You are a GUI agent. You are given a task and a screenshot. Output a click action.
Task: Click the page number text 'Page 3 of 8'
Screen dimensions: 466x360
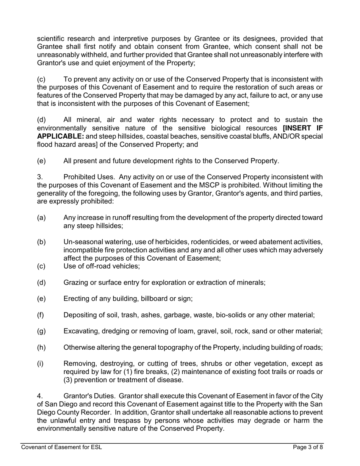click(308, 447)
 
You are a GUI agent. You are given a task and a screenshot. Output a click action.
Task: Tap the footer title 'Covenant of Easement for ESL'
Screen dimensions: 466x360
click(61, 447)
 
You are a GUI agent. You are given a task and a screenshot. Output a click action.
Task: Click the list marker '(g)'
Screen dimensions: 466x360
click(41, 331)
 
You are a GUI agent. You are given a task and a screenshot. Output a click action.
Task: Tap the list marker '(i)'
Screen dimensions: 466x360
click(40, 364)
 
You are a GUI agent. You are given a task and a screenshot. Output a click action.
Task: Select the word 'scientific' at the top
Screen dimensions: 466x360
click(52, 39)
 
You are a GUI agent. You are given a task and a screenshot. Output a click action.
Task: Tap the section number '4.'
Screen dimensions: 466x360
click(40, 396)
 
